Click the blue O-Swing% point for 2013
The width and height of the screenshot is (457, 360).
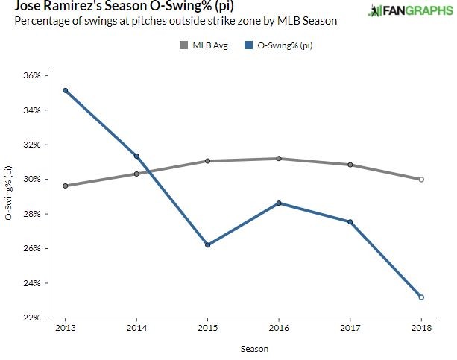tap(66, 90)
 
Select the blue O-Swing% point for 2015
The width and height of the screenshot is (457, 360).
tap(207, 244)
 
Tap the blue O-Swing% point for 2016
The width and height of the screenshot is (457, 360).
tap(279, 203)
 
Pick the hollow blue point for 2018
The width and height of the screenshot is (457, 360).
tap(421, 297)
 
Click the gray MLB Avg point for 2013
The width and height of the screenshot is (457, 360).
tap(66, 186)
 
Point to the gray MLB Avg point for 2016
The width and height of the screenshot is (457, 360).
tap(279, 158)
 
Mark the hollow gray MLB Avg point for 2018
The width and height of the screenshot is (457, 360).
tap(421, 179)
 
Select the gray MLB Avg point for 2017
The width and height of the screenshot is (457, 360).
tap(350, 165)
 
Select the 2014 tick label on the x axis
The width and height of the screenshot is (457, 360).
tap(136, 328)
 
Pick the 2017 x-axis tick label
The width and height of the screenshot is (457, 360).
tap(350, 328)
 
